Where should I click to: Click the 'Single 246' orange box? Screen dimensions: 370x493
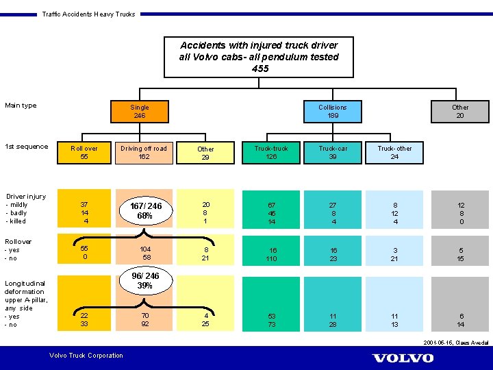coord(140,111)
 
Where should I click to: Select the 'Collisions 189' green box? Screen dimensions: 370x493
coord(333,111)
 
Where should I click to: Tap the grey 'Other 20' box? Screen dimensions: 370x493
coord(460,111)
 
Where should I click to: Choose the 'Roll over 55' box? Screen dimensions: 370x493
coord(84,152)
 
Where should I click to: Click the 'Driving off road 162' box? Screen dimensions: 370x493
coord(144,152)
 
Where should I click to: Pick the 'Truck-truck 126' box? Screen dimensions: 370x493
coord(271,152)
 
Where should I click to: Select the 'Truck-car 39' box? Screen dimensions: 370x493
coord(333,152)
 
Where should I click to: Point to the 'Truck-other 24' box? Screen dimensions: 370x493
coord(394,152)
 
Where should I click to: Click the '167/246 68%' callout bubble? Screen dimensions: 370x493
coord(145,210)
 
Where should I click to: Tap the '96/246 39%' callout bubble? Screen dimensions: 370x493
coord(145,281)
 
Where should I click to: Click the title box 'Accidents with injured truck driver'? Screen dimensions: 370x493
coord(259,57)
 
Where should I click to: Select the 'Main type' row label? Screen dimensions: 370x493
coord(21,106)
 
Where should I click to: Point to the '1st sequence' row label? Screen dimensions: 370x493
coord(26,147)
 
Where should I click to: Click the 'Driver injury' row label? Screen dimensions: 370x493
coord(26,197)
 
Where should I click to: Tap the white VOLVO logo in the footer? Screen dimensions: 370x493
coord(403,358)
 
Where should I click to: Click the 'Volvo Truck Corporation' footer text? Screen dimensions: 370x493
coord(86,355)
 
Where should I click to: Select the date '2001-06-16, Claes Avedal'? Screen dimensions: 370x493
coord(456,342)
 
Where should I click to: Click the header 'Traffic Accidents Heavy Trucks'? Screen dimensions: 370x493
coord(88,14)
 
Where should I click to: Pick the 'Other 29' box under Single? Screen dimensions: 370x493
coord(205,153)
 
